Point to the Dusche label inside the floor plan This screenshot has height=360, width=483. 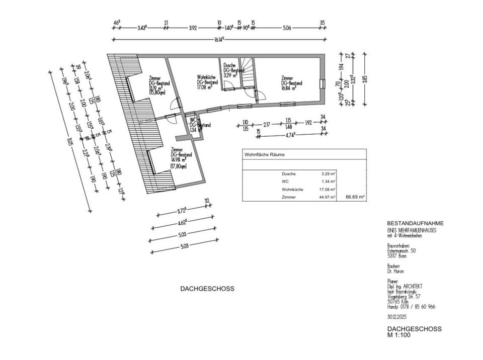tap(229, 65)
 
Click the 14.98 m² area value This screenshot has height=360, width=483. tap(179, 158)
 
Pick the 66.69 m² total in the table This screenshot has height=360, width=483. tap(355, 198)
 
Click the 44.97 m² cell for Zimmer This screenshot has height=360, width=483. tap(329, 198)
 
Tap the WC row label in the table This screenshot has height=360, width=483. tap(285, 182)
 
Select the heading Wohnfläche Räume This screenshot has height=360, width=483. tap(264, 155)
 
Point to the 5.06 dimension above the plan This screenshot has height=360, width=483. tap(287, 28)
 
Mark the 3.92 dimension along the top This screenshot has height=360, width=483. tap(193, 28)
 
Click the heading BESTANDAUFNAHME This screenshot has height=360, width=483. tap(415, 223)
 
